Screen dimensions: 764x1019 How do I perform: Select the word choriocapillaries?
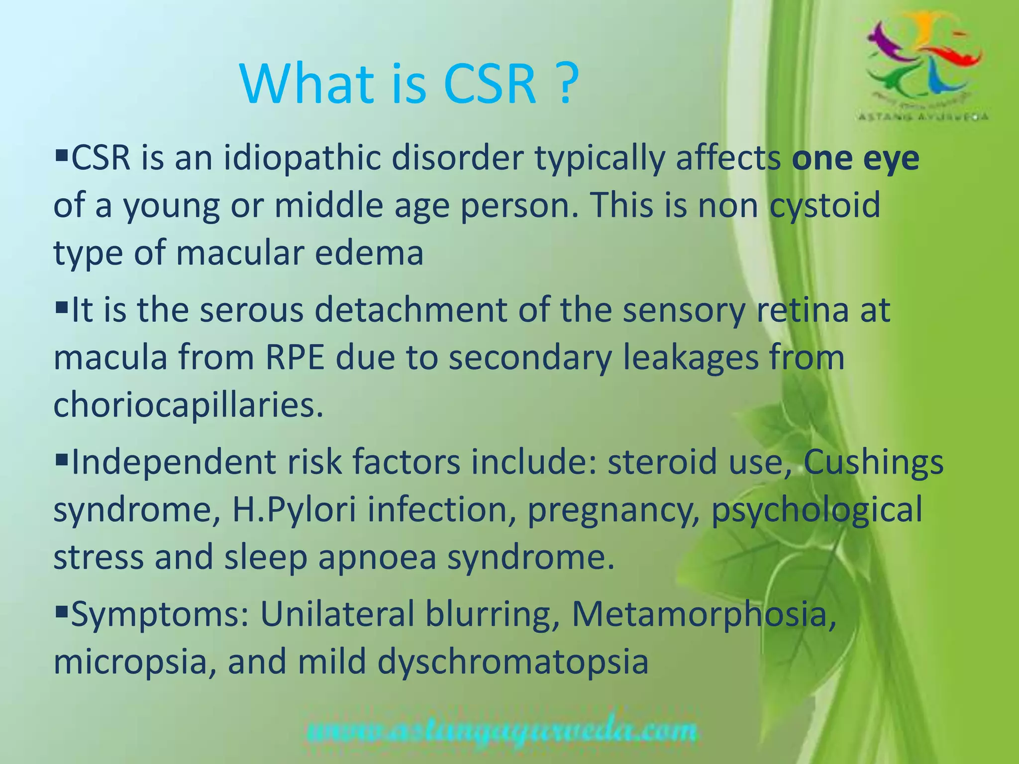[189, 405]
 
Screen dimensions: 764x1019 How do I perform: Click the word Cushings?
[873, 462]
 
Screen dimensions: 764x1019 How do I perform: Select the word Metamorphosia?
[704, 615]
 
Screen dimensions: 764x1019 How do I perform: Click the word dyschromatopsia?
[512, 663]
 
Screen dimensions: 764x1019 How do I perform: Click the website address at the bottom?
[501, 732]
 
